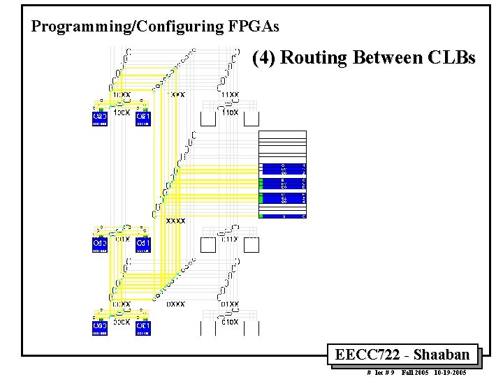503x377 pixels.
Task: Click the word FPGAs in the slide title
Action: [253, 27]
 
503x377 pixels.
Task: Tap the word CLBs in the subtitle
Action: [449, 57]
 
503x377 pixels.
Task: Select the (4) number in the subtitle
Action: [265, 57]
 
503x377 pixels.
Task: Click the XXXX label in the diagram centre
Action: [175, 221]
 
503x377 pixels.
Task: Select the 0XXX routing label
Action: [175, 304]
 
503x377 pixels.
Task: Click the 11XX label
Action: [230, 95]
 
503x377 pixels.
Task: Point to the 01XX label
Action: [230, 304]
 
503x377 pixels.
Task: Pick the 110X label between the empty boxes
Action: [230, 112]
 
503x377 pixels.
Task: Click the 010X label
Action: [230, 322]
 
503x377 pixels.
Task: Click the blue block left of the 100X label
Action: [99, 118]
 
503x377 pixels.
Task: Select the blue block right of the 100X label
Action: [143, 118]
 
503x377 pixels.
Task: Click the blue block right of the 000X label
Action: [143, 327]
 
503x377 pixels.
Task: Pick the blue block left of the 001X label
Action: [99, 244]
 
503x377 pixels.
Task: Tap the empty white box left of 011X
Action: [208, 244]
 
